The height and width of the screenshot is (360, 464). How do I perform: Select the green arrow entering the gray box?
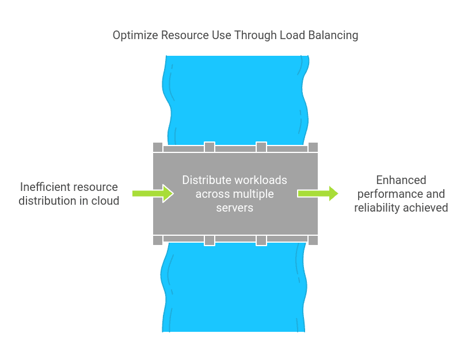tap(153, 193)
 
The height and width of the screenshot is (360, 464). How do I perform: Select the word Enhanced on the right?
tap(401, 181)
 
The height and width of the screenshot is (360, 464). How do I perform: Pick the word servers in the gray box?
tap(235, 208)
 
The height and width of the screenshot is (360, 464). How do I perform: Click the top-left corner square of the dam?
tap(158, 147)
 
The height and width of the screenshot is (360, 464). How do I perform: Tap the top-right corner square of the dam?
tap(313, 147)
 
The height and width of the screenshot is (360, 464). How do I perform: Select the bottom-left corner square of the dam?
tap(158, 240)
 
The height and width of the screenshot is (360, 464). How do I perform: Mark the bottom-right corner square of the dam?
tap(313, 240)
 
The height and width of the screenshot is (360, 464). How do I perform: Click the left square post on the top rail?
tap(210, 147)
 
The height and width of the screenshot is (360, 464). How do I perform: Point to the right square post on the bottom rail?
tap(261, 240)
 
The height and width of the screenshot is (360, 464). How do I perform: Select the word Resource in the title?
tap(182, 36)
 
